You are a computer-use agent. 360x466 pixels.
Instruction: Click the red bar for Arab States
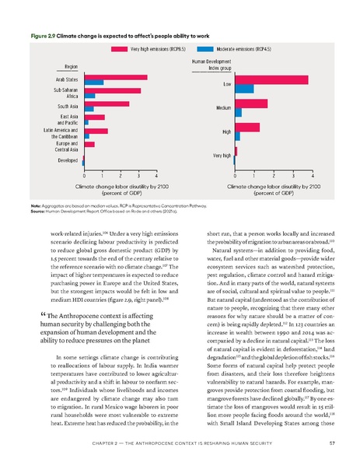(x=115, y=76)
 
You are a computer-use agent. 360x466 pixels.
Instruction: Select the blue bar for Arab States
(x=93, y=82)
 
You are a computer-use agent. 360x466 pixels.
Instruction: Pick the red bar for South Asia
(x=107, y=103)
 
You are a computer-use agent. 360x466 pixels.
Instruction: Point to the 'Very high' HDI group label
(x=221, y=155)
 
